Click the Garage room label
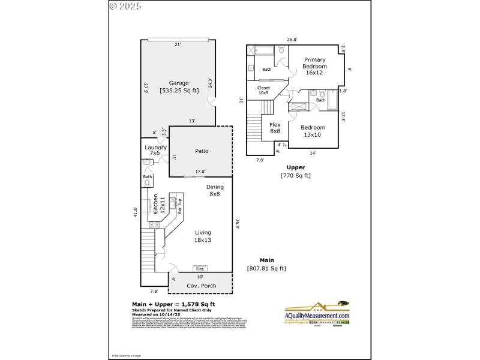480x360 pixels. (178, 83)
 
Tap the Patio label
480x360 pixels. (202, 151)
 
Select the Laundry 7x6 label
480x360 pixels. (155, 150)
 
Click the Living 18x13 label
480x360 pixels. (203, 236)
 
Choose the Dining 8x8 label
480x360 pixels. (215, 190)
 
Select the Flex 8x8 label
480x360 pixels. (275, 128)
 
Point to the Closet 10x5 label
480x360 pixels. (264, 91)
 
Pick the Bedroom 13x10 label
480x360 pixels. (313, 131)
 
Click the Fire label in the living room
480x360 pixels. (200, 269)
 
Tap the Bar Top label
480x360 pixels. (179, 206)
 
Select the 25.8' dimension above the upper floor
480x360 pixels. (292, 40)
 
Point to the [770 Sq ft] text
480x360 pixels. (295, 176)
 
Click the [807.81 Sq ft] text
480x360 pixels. (266, 268)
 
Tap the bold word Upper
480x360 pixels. (295, 167)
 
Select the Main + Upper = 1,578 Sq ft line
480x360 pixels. (173, 304)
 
